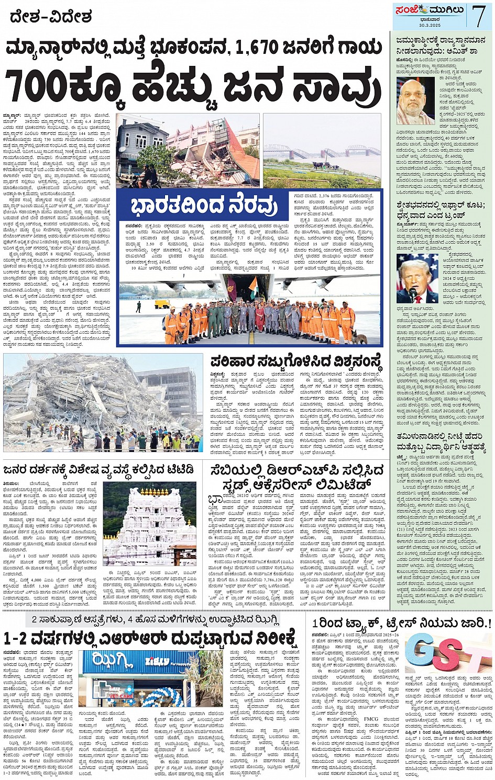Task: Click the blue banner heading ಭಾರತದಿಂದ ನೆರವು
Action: pos(204,206)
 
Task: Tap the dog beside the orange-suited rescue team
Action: pos(359,337)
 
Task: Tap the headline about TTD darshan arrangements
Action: pos(100,468)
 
